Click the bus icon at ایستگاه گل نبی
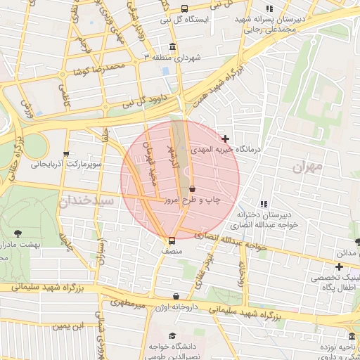pos(184,9)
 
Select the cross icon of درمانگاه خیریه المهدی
pos(225,139)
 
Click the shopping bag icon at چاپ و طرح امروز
pos(192,188)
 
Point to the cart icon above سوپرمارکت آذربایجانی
pos(66,154)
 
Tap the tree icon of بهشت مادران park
pos(18,232)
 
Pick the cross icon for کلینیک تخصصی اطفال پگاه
pos(339,266)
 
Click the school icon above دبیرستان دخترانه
pos(264,204)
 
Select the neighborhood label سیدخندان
pos(85,201)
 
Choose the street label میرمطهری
pos(127,304)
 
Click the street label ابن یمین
pos(70,325)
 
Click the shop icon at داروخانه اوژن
pos(176,297)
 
